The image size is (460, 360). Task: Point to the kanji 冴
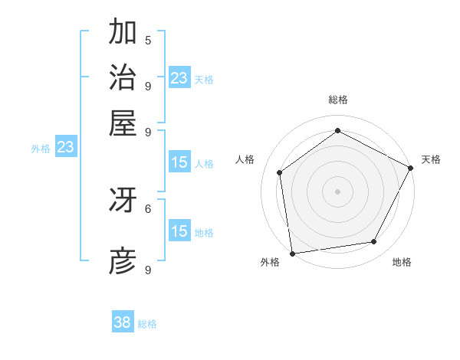click(x=123, y=200)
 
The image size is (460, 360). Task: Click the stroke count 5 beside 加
click(x=148, y=40)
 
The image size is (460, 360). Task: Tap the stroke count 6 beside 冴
click(x=148, y=208)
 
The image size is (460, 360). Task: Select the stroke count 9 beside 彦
click(x=148, y=270)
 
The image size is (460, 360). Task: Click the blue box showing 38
click(x=123, y=322)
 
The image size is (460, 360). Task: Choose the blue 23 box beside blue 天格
click(x=179, y=77)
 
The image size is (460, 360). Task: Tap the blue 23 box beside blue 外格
click(x=65, y=147)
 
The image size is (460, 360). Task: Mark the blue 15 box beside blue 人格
click(x=179, y=162)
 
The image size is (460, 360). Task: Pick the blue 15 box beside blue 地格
click(x=179, y=231)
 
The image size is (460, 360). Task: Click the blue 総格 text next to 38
click(x=147, y=324)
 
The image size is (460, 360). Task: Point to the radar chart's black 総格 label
click(x=337, y=100)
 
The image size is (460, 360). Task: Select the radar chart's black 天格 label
click(x=431, y=159)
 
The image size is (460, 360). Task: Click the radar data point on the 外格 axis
click(x=292, y=254)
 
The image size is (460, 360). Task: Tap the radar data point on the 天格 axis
click(x=411, y=167)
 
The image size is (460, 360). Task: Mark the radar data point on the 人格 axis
click(x=280, y=172)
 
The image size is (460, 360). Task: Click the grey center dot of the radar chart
click(x=337, y=191)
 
